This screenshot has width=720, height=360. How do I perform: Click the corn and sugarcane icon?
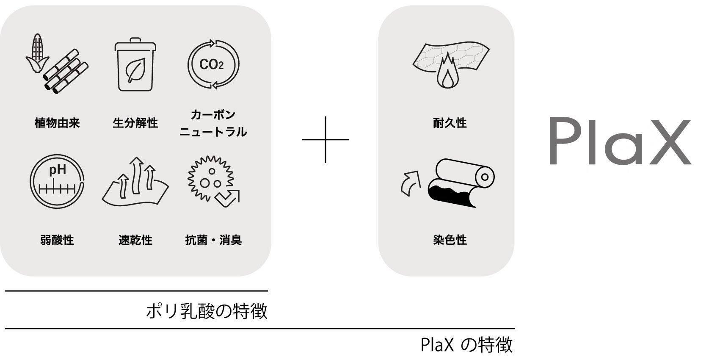[x=57, y=64]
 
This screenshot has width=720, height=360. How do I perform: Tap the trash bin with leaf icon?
[x=135, y=64]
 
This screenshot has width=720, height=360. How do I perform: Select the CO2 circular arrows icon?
[x=213, y=64]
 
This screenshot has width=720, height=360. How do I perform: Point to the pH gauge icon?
[x=57, y=181]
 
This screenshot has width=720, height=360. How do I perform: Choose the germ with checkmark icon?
[x=213, y=181]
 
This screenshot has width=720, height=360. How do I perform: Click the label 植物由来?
[x=57, y=123]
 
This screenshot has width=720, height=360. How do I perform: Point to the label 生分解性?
[x=135, y=123]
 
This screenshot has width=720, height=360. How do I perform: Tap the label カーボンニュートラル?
[x=213, y=123]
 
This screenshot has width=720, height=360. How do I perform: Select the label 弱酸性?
[x=57, y=240]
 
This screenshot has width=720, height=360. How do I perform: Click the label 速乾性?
[x=135, y=240]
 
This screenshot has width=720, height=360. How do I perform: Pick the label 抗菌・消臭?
[x=213, y=240]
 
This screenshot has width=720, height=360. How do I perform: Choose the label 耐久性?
[x=450, y=123]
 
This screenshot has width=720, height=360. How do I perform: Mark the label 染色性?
[x=450, y=240]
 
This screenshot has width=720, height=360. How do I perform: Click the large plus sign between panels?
[x=325, y=139]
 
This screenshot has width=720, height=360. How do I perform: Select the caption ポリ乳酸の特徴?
[x=207, y=311]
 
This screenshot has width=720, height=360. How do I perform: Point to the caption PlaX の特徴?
[x=466, y=345]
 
